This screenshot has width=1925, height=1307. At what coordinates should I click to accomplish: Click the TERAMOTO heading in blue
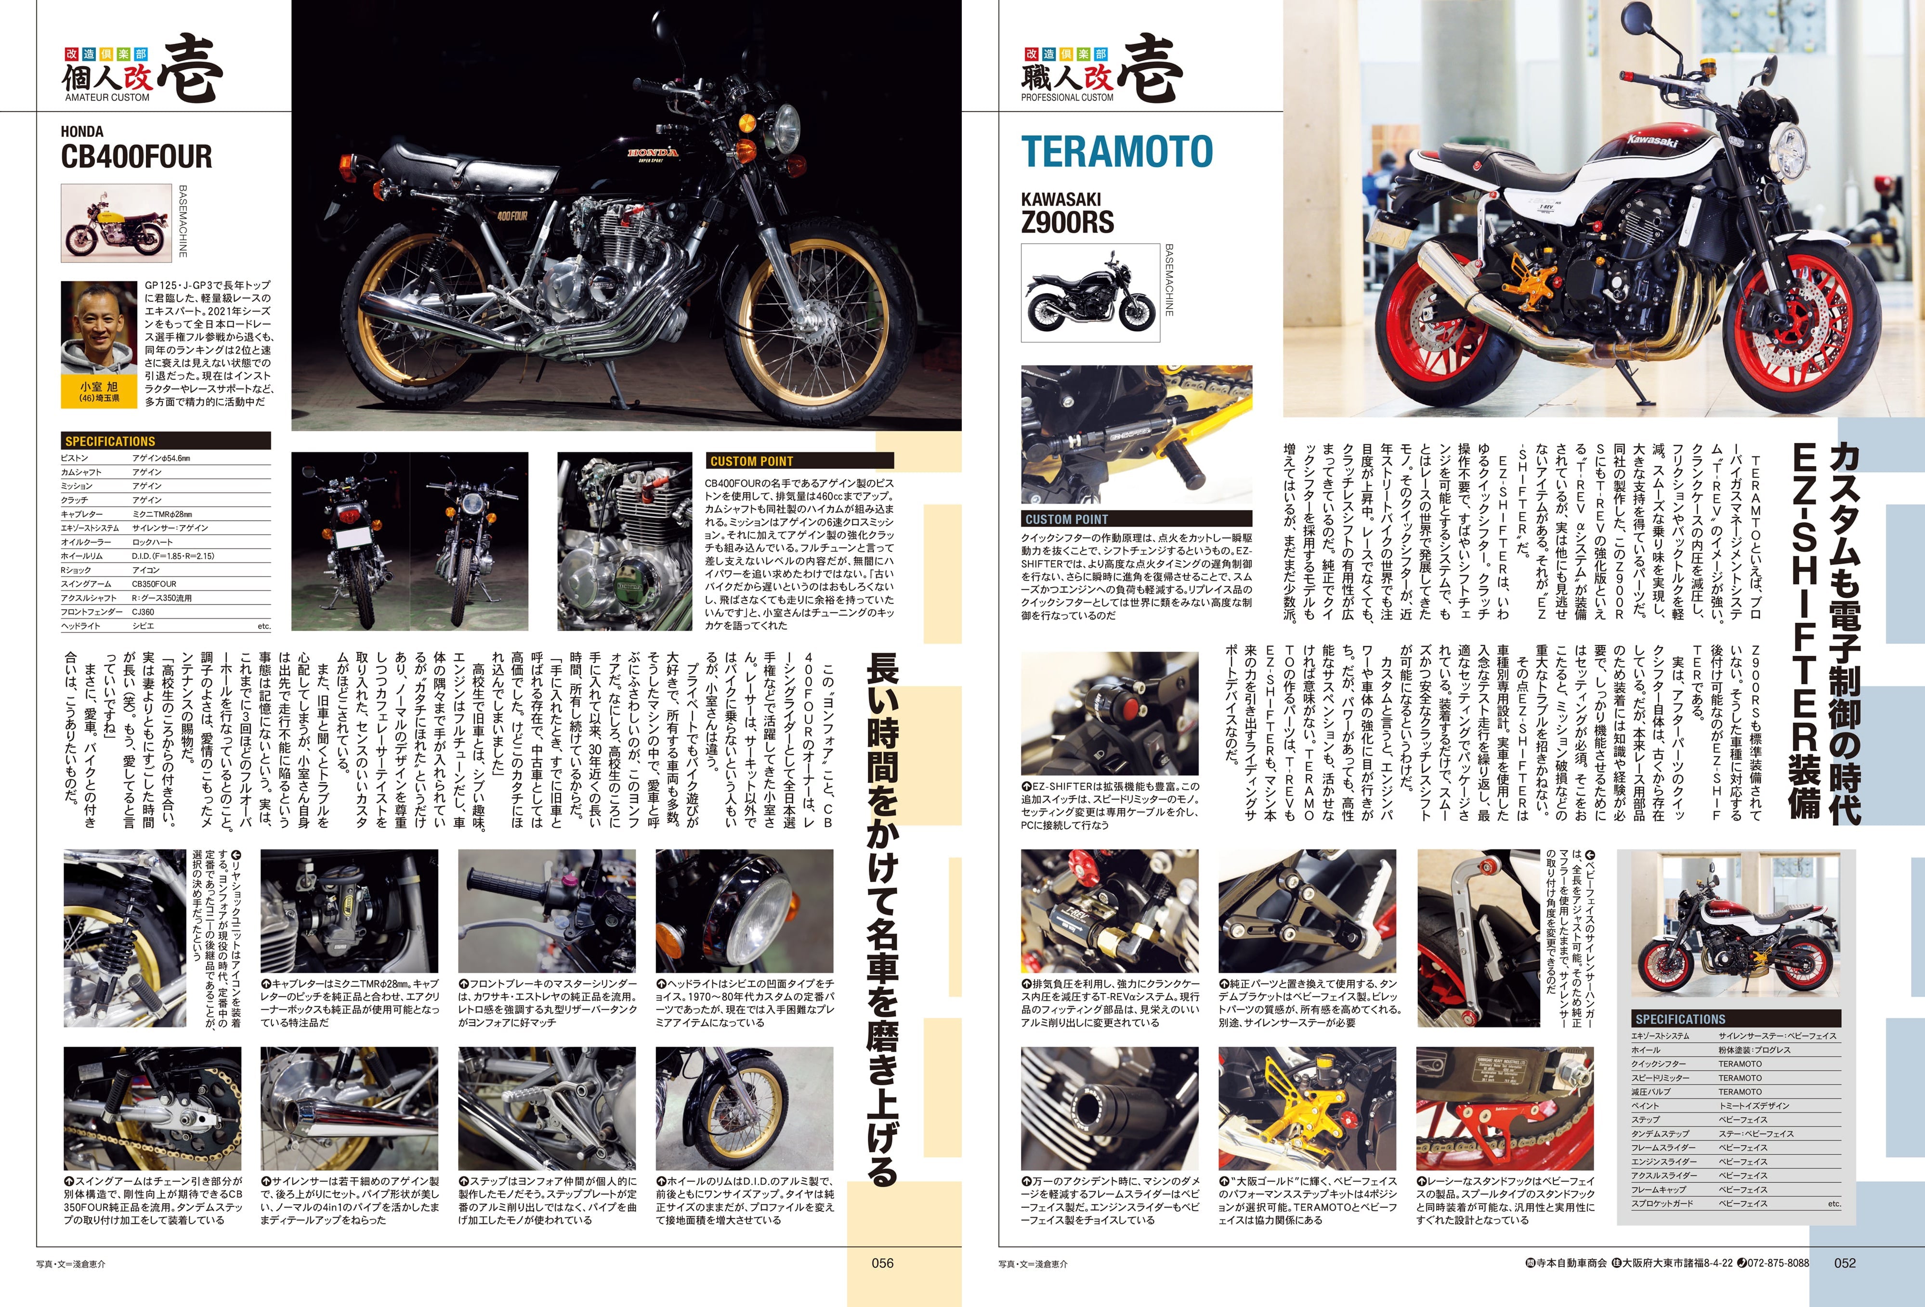click(1116, 152)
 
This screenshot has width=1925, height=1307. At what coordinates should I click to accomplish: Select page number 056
click(882, 1263)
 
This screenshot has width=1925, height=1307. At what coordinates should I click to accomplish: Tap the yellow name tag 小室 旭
click(99, 391)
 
